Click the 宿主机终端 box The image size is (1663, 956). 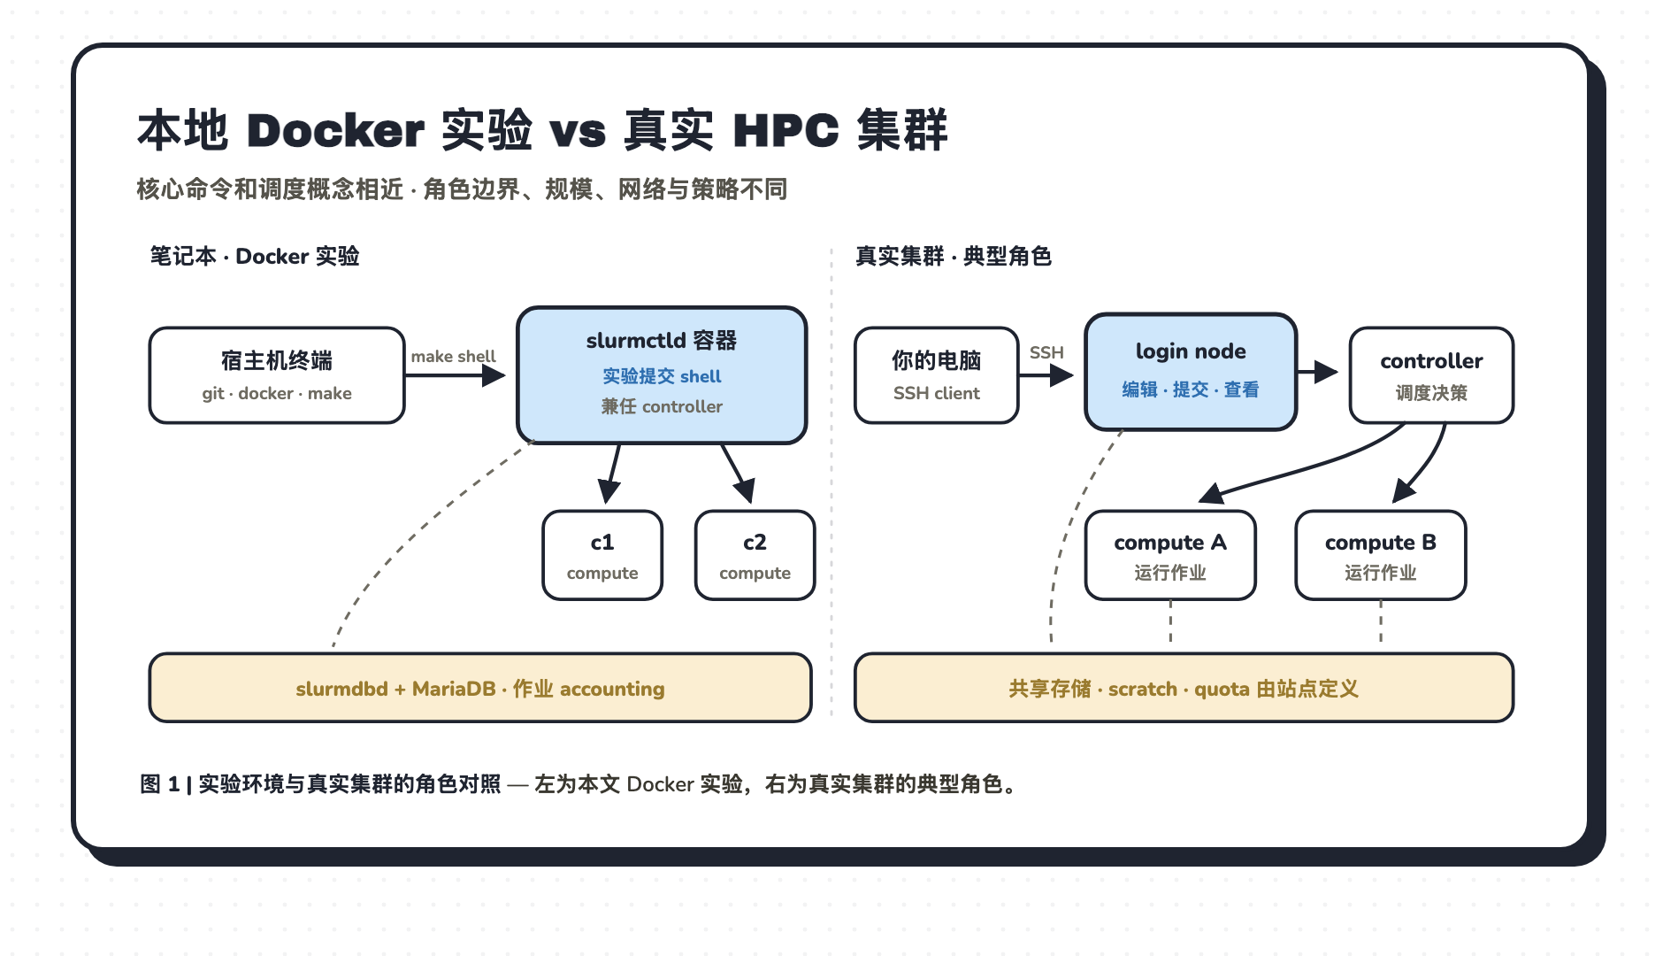click(277, 375)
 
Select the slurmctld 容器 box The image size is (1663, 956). click(662, 375)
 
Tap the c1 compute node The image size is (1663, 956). click(602, 555)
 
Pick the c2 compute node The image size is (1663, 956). click(755, 555)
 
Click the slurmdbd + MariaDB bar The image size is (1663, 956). click(480, 688)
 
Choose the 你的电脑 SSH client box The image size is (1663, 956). click(936, 375)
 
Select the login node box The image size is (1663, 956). click(1191, 372)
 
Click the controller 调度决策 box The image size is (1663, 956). click(1431, 375)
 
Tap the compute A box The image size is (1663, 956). click(1170, 555)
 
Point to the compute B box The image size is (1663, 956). click(1380, 555)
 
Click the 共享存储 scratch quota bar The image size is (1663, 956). click(1184, 688)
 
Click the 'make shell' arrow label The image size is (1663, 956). click(453, 356)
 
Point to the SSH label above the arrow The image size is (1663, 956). click(1046, 352)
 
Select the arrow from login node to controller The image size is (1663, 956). click(1318, 372)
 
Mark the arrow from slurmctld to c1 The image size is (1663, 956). click(610, 474)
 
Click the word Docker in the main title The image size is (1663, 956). click(335, 131)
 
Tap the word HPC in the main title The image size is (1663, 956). click(786, 131)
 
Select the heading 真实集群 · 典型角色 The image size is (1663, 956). click(954, 256)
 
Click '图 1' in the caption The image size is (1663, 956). click(160, 783)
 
